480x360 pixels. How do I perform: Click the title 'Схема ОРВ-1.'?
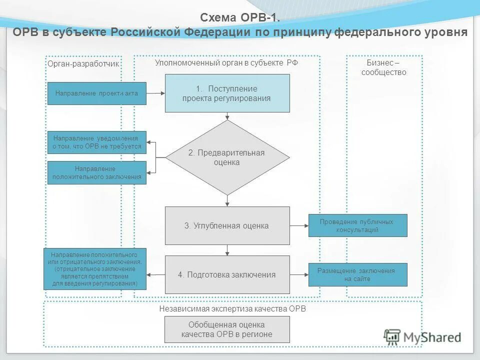(x=239, y=17)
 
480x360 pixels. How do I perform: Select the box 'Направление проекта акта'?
(x=96, y=93)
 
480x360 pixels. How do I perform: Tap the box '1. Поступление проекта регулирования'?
(x=227, y=93)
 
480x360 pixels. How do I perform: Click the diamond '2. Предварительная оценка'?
(x=227, y=157)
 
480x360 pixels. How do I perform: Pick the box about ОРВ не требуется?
(x=96, y=142)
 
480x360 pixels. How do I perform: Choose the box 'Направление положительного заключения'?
(x=96, y=172)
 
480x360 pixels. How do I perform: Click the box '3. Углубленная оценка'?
(x=227, y=225)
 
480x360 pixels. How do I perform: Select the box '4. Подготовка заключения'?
(x=227, y=274)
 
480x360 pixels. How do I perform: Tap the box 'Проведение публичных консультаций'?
(x=357, y=225)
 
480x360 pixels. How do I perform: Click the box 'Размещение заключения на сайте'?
(x=357, y=274)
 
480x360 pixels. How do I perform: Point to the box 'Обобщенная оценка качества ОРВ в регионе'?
(x=227, y=330)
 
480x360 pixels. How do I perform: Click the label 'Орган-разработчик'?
(x=83, y=64)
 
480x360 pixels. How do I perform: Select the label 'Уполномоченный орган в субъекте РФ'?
(x=226, y=62)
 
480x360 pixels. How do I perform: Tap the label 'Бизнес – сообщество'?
(x=383, y=67)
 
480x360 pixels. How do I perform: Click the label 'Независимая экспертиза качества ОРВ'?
(x=232, y=309)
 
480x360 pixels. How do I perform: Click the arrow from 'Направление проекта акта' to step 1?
(x=155, y=93)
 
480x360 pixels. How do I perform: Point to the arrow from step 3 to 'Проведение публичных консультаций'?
(x=299, y=225)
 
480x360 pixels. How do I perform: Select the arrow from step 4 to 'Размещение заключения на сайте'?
(x=299, y=274)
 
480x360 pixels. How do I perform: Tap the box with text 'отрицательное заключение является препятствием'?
(x=95, y=268)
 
